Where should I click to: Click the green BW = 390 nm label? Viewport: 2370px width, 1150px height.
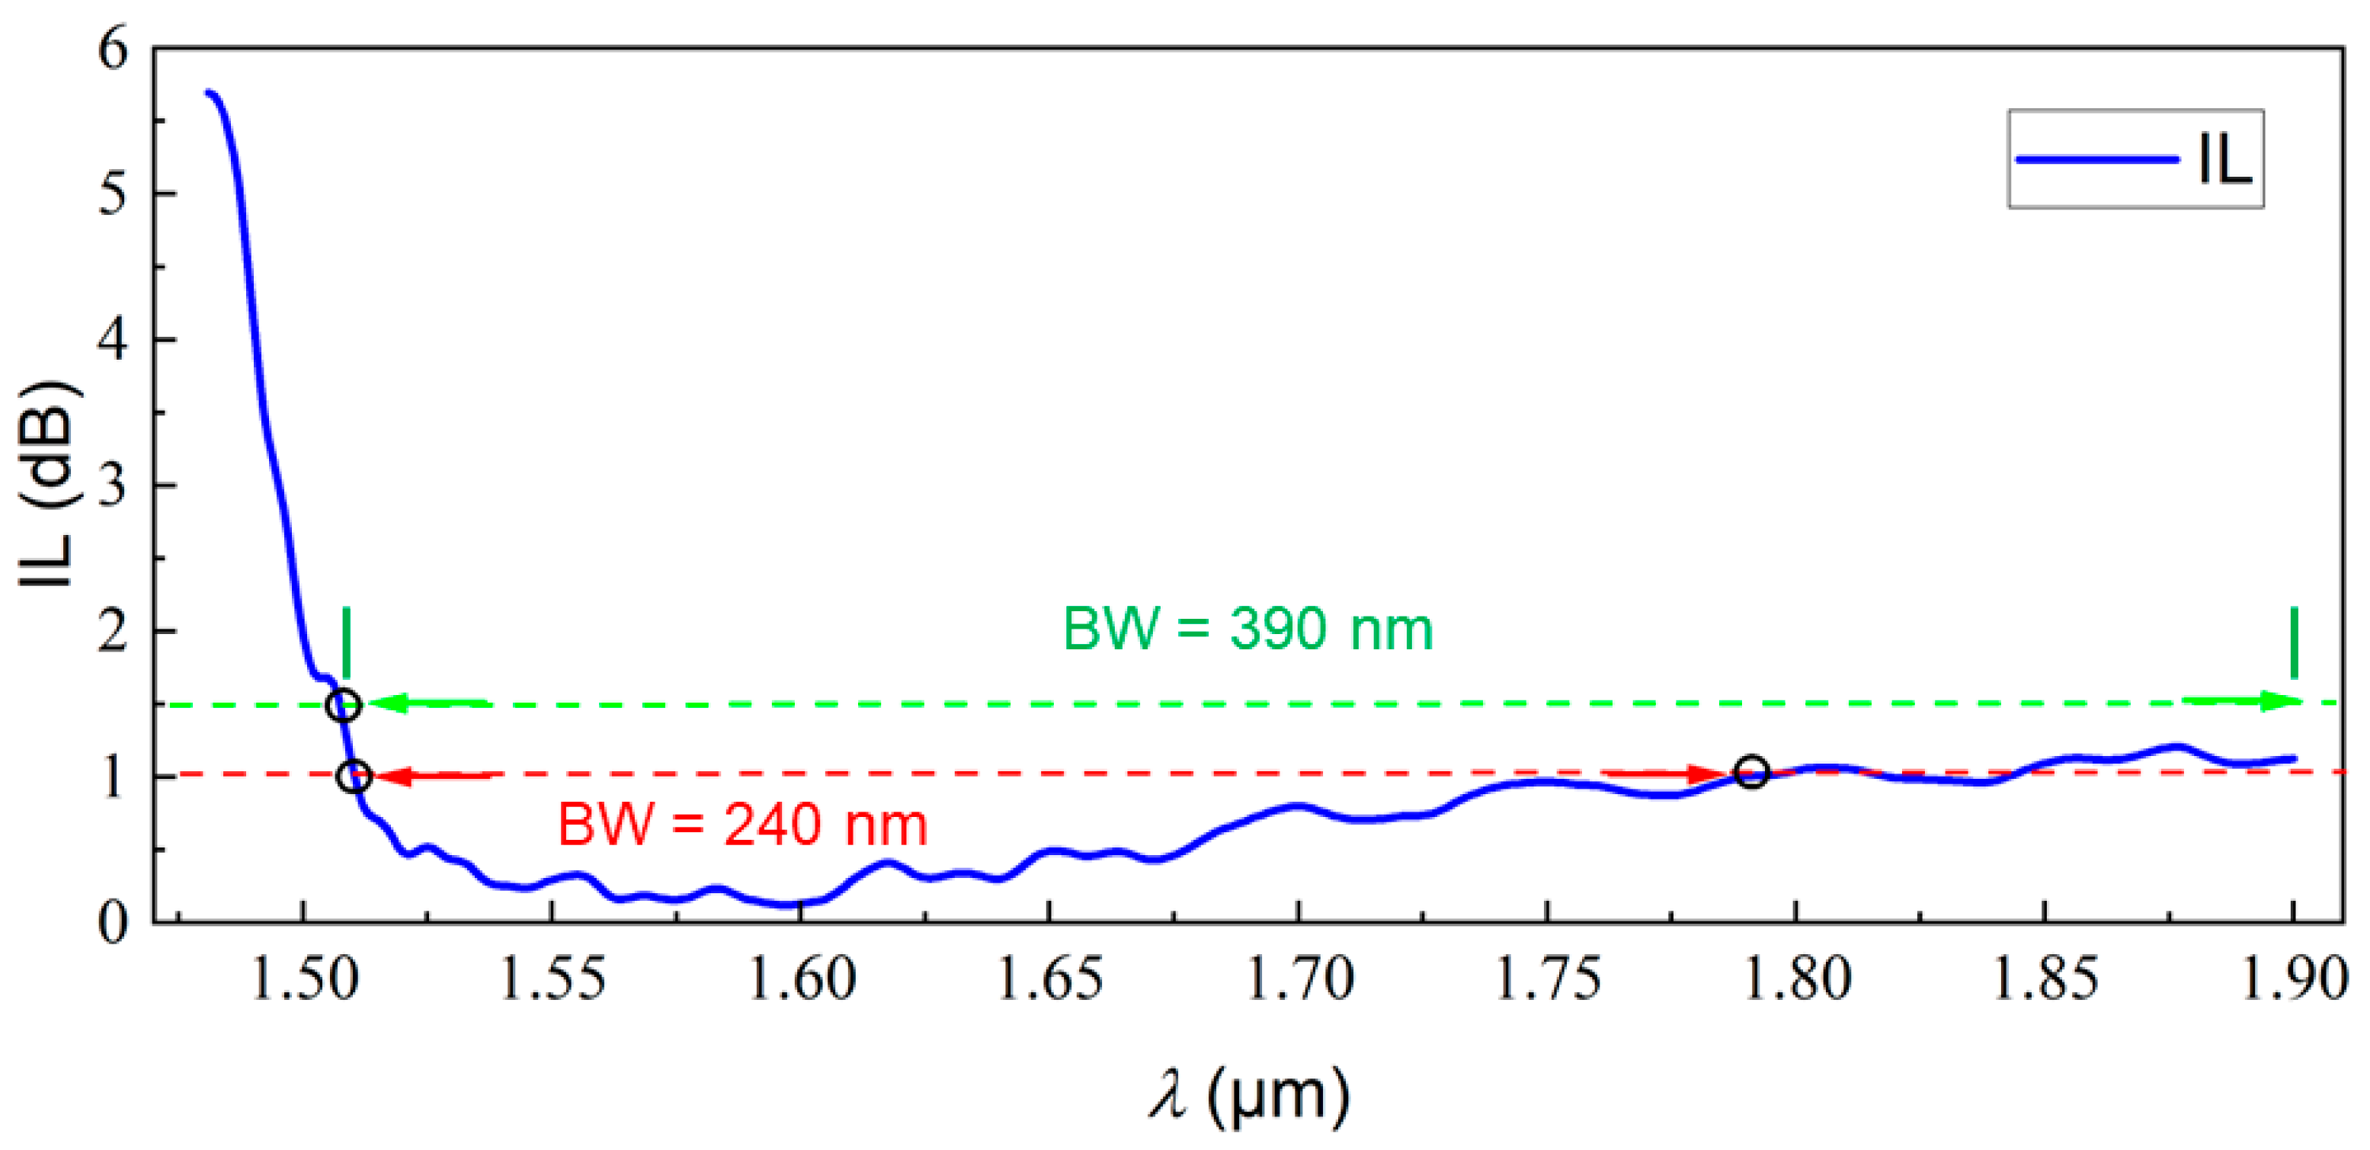[x=1247, y=629]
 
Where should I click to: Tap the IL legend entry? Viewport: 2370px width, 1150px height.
[x=2135, y=159]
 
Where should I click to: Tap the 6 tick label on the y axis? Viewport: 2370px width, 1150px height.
[x=112, y=48]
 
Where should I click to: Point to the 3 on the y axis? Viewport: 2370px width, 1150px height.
[x=112, y=485]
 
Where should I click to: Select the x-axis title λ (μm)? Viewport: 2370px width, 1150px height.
[x=1248, y=1095]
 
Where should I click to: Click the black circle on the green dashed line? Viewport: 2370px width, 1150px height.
[x=343, y=706]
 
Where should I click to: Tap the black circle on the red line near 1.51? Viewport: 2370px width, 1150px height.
[x=354, y=777]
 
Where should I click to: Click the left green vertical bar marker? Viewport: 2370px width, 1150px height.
[x=346, y=642]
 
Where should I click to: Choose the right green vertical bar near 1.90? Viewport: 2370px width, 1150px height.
[x=2295, y=642]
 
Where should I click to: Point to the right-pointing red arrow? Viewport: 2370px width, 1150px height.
[x=1665, y=774]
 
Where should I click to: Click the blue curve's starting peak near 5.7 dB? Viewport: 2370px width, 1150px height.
[x=210, y=94]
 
